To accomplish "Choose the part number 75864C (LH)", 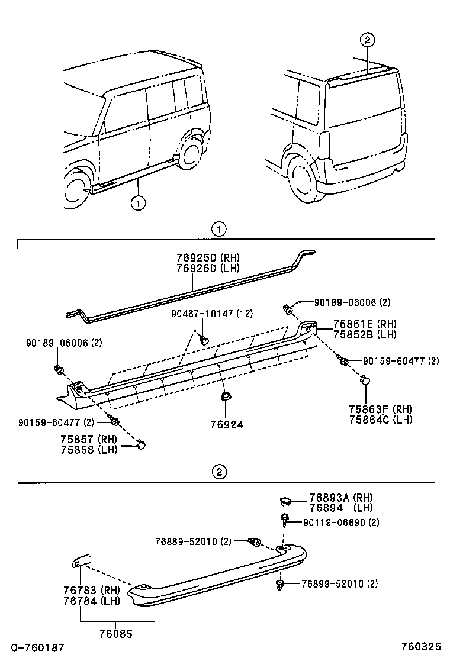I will [x=381, y=420].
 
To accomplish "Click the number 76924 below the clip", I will [x=226, y=424].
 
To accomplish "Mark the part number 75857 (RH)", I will [x=88, y=439].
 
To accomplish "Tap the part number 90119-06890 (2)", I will [x=341, y=522].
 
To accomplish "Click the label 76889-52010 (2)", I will [x=193, y=541].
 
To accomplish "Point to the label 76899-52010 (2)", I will [x=339, y=584].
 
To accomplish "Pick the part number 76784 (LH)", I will [x=91, y=601].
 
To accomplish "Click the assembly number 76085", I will [x=117, y=633].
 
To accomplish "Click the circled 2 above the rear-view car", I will [x=367, y=40].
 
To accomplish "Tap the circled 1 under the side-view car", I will [x=138, y=204].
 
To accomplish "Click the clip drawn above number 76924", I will [x=226, y=397].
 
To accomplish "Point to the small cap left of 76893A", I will [x=285, y=502].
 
